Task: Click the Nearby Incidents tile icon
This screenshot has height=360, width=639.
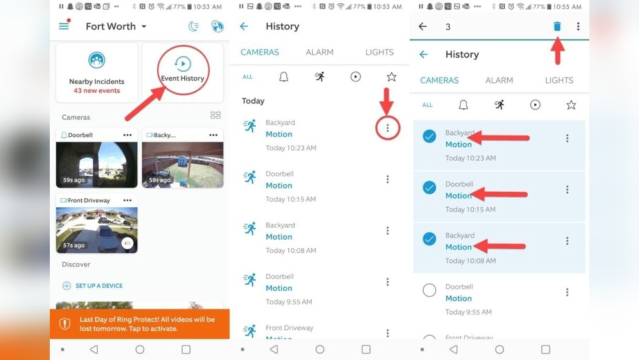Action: click(x=96, y=61)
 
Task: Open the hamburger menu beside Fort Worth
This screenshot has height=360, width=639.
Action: click(x=64, y=26)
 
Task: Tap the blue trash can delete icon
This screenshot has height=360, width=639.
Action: click(x=557, y=26)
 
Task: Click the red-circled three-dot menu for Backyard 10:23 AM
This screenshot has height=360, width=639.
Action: click(x=387, y=128)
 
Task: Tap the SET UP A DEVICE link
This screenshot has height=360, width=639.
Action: click(x=98, y=286)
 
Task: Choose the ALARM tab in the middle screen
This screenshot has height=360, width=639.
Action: click(x=319, y=52)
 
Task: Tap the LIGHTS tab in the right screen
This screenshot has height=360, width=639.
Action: click(x=559, y=81)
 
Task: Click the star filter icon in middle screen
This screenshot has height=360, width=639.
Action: click(x=392, y=77)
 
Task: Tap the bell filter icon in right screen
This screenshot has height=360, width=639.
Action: click(x=463, y=105)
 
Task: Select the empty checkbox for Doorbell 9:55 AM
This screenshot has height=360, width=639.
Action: click(x=429, y=290)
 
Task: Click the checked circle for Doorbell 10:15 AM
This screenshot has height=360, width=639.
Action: click(x=429, y=187)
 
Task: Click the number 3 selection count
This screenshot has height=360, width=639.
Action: click(x=448, y=27)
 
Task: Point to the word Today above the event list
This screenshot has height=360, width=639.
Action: click(x=253, y=101)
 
